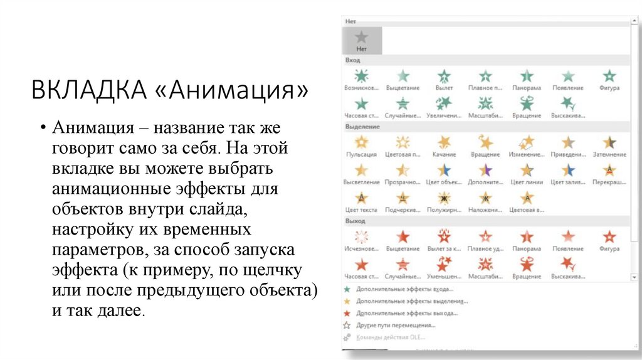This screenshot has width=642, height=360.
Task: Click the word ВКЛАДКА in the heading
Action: [x=89, y=90]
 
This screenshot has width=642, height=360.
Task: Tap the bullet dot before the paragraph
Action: [x=42, y=129]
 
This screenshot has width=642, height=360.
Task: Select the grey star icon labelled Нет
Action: [x=362, y=38]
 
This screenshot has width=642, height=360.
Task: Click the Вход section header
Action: [x=353, y=60]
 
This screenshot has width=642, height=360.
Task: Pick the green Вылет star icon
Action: [x=444, y=76]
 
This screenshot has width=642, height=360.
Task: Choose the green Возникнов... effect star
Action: [x=362, y=76]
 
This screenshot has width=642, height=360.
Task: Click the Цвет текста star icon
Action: [x=362, y=198]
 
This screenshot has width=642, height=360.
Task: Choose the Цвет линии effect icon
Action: [x=527, y=170]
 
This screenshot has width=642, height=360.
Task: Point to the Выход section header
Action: [x=355, y=221]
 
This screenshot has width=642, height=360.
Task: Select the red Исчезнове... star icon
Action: [x=362, y=237]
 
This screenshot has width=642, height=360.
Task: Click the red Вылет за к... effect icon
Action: [x=444, y=237]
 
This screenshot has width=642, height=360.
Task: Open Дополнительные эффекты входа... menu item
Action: [x=404, y=289]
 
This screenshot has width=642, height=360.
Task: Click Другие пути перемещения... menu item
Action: [x=395, y=325]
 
